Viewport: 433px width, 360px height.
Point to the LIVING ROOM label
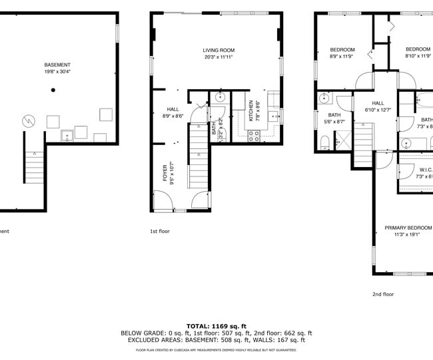point(218,50)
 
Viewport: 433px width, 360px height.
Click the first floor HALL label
point(173,109)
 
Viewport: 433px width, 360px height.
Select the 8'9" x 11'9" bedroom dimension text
point(342,57)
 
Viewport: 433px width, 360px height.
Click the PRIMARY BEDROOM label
point(408,228)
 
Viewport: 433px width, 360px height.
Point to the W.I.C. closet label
point(425,169)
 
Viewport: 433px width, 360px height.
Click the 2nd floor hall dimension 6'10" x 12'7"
point(378,110)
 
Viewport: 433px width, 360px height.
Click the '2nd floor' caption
point(382,293)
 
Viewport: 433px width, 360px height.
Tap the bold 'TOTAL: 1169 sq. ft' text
point(216,326)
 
